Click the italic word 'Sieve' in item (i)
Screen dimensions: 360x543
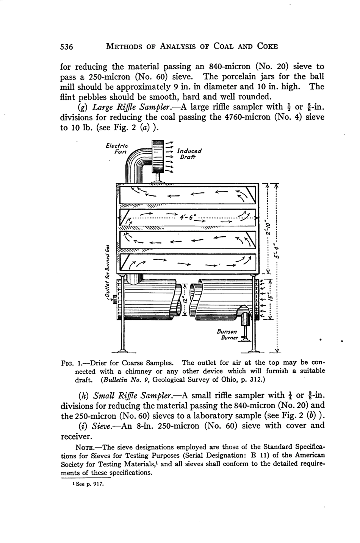[100, 426]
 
